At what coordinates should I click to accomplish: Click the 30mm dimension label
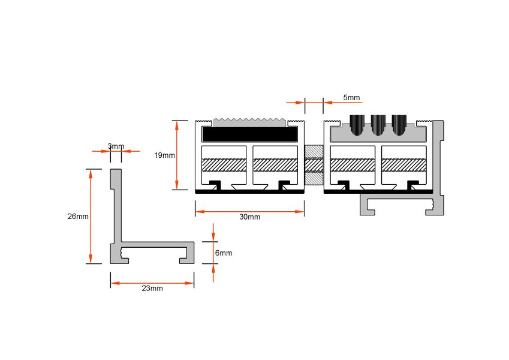coord(249,217)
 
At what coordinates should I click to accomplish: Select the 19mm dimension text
coord(165,155)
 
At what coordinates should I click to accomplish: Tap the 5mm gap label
coord(351,97)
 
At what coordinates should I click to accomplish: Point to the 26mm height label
coord(78,217)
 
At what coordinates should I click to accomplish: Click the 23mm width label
coord(152,288)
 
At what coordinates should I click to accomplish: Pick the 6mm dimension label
coord(224,253)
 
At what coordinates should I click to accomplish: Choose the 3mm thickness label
coord(116,146)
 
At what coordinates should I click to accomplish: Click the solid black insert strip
coord(249,134)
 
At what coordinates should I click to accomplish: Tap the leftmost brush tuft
coord(357,125)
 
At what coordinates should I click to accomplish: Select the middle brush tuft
coord(378,125)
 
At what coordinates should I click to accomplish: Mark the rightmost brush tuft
coord(399,125)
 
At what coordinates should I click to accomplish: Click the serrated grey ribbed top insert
coord(250,122)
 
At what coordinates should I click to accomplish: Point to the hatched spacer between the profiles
coord(314,165)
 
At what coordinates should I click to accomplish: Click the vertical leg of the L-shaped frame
coord(116,205)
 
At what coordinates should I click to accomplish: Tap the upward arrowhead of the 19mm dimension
coord(177,125)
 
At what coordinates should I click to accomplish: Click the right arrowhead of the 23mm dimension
coord(189,283)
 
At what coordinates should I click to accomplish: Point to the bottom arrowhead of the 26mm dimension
coord(91,259)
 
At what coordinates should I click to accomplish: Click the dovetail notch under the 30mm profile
coord(249,187)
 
